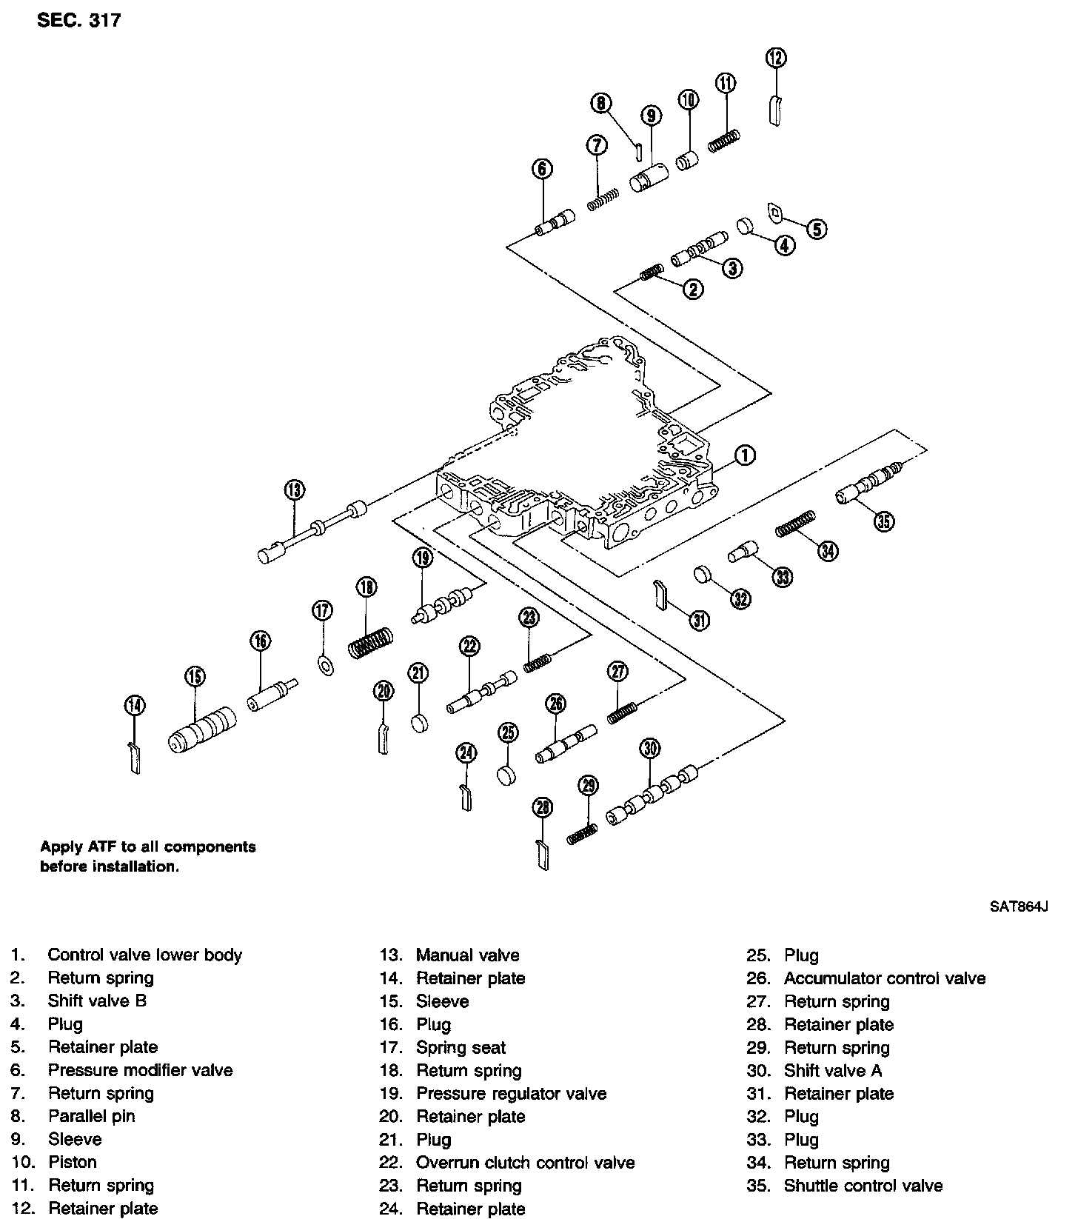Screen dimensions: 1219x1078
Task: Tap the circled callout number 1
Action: pyautogui.click(x=745, y=455)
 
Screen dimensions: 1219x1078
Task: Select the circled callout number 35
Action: pyautogui.click(x=883, y=521)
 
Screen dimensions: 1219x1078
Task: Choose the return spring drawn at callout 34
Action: pyautogui.click(x=795, y=524)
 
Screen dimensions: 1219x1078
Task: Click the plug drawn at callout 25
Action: pyautogui.click(x=507, y=776)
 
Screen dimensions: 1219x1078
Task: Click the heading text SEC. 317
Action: pyautogui.click(x=78, y=20)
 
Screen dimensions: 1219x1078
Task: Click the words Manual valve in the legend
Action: pyautogui.click(x=467, y=955)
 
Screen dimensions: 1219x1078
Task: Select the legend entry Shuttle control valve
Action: pyautogui.click(x=863, y=1186)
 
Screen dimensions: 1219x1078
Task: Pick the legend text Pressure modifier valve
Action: pyautogui.click(x=140, y=1070)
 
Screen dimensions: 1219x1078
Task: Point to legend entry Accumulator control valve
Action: pyautogui.click(x=885, y=978)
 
